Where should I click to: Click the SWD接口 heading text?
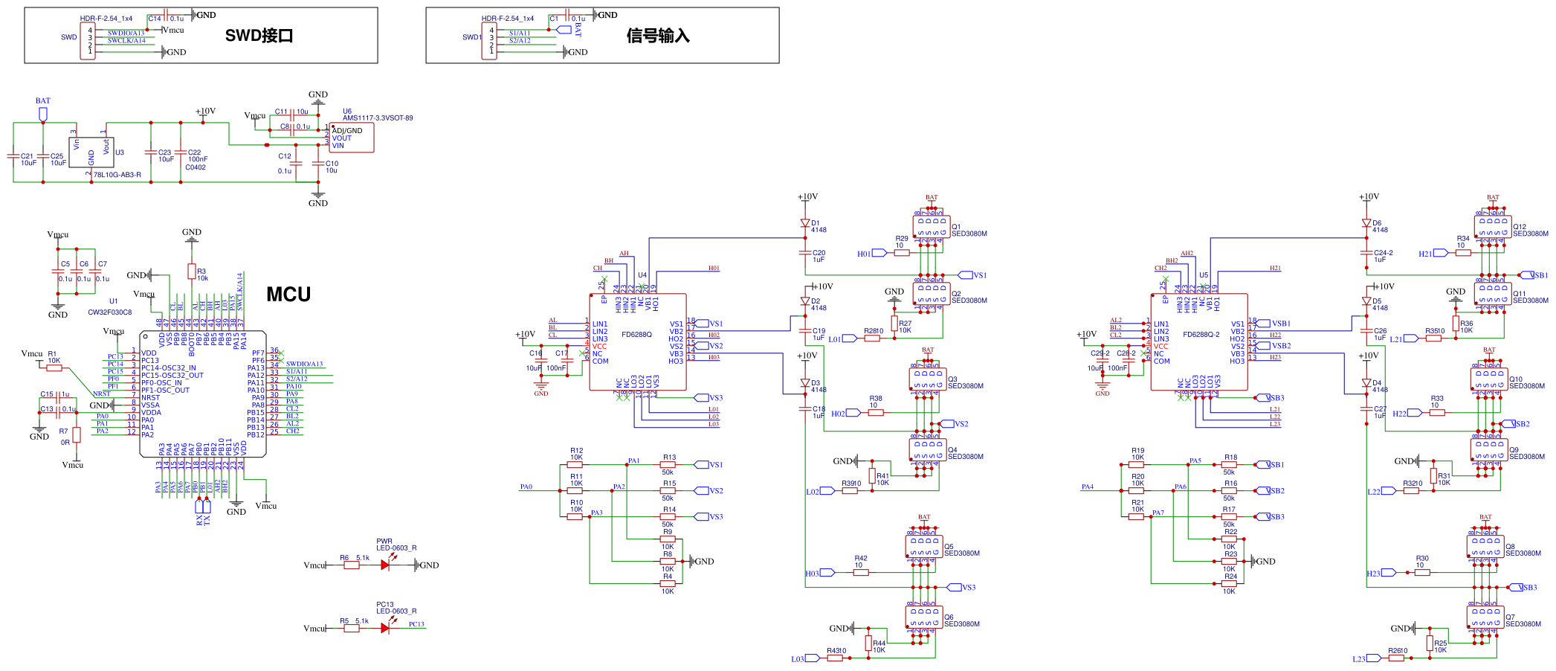(x=259, y=36)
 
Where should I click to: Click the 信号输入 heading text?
(x=658, y=36)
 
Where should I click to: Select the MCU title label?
(x=288, y=295)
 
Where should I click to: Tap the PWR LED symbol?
(x=385, y=565)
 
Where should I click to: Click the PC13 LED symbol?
(x=385, y=629)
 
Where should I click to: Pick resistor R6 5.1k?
(x=352, y=565)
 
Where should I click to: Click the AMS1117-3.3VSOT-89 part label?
(x=378, y=118)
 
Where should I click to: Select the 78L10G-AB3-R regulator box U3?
(x=91, y=152)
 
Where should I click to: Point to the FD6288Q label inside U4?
(x=636, y=335)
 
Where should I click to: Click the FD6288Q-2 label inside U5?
(x=1201, y=335)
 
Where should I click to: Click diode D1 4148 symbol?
(x=805, y=223)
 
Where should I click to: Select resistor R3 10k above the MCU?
(x=192, y=272)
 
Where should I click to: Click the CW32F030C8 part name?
(x=110, y=312)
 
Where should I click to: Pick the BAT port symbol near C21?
(x=43, y=114)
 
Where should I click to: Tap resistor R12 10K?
(x=575, y=465)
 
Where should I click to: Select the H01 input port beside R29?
(x=879, y=253)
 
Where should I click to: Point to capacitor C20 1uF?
(x=805, y=253)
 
